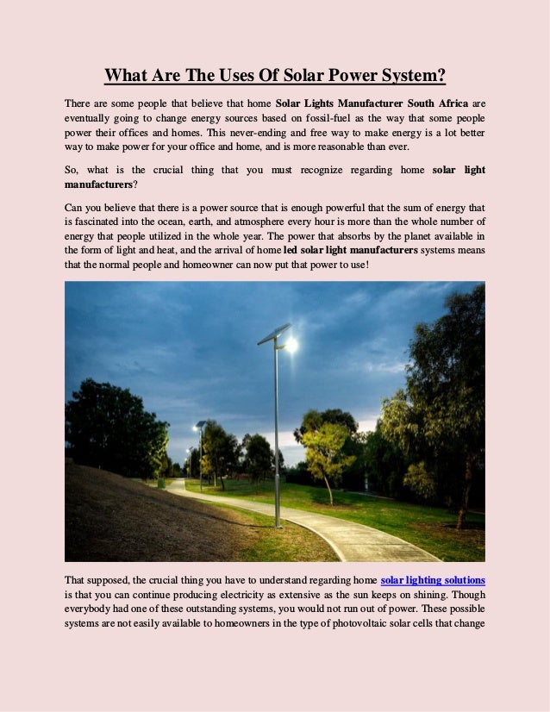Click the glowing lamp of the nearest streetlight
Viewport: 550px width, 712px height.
click(x=291, y=345)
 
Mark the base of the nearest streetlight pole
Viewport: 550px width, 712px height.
click(x=277, y=522)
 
